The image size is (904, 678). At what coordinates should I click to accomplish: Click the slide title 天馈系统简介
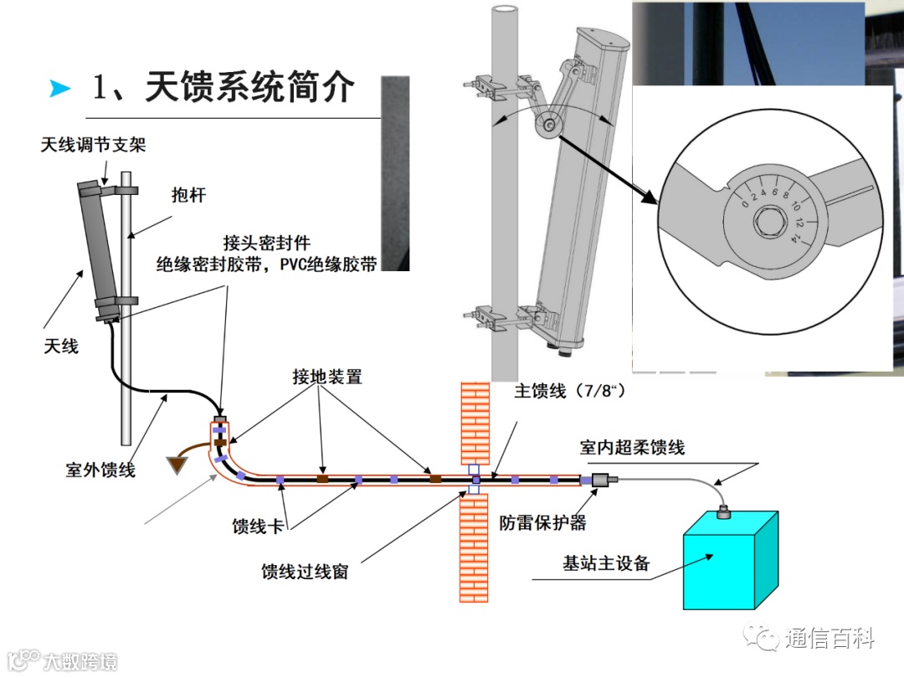(224, 87)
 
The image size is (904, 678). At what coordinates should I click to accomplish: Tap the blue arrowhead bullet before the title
(60, 88)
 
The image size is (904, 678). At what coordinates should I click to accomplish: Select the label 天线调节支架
(93, 145)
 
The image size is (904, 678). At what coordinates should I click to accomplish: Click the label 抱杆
(188, 195)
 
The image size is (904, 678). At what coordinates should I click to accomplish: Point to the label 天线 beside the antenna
(61, 344)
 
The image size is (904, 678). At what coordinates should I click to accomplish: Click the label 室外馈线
(100, 470)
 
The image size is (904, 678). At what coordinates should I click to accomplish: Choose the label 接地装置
(327, 377)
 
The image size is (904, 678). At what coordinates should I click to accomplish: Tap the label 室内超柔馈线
(632, 448)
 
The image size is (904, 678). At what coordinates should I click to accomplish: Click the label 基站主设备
(606, 562)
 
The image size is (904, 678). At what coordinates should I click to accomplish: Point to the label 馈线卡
(262, 526)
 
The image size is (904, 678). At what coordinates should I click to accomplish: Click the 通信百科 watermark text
(830, 639)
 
